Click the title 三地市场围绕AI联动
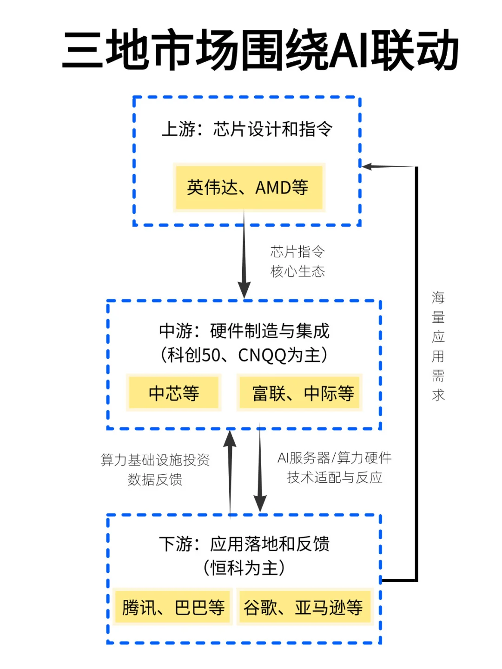(x=260, y=50)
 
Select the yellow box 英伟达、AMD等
(x=248, y=188)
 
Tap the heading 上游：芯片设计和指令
(x=247, y=129)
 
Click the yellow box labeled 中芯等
(x=174, y=393)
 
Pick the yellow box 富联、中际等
(x=303, y=393)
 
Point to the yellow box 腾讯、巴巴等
(x=173, y=607)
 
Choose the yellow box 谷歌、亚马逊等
(x=303, y=607)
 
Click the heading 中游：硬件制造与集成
(x=244, y=331)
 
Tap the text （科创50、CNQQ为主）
(x=244, y=355)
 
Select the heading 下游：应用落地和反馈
(x=244, y=544)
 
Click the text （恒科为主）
(x=244, y=568)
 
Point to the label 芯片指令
(x=297, y=252)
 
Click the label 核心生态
(x=297, y=271)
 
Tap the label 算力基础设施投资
(x=155, y=460)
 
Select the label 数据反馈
(x=155, y=479)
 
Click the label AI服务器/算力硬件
(x=334, y=458)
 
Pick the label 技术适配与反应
(x=334, y=478)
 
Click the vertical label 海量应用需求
(x=438, y=346)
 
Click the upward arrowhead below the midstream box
(x=230, y=439)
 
